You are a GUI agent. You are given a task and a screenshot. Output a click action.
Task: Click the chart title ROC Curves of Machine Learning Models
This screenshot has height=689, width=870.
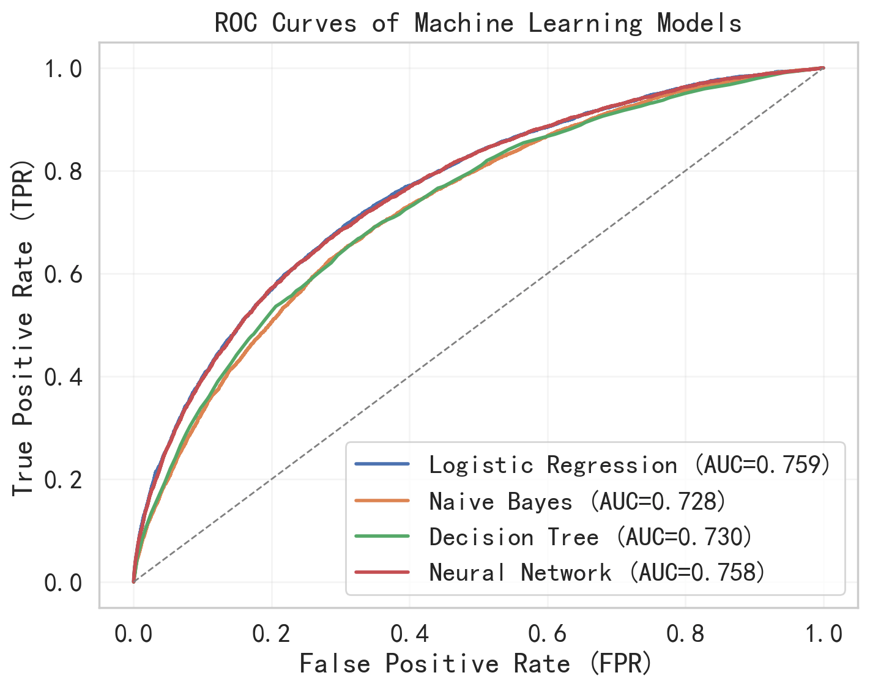point(478,23)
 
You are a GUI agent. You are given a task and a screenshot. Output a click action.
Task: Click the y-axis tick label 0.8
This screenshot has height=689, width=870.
point(63,171)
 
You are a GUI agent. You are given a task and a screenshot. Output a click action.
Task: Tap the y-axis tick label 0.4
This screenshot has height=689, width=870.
point(63,377)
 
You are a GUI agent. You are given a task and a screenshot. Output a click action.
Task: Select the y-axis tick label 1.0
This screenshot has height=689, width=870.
point(63,69)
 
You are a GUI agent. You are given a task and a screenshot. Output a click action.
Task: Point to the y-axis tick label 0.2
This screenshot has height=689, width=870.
point(63,480)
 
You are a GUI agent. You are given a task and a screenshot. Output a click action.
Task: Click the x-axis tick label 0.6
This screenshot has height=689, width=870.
point(548,634)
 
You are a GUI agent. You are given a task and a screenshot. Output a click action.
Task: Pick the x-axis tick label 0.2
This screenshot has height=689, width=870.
point(272,634)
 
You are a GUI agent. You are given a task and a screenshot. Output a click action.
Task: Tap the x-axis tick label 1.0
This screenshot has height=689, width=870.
point(824,634)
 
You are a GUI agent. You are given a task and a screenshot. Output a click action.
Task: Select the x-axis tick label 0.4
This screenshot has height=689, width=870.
point(409,634)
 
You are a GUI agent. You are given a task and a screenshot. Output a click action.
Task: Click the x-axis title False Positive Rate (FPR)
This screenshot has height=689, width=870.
point(476,664)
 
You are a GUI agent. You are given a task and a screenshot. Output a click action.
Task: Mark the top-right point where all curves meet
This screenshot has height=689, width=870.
point(823,68)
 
